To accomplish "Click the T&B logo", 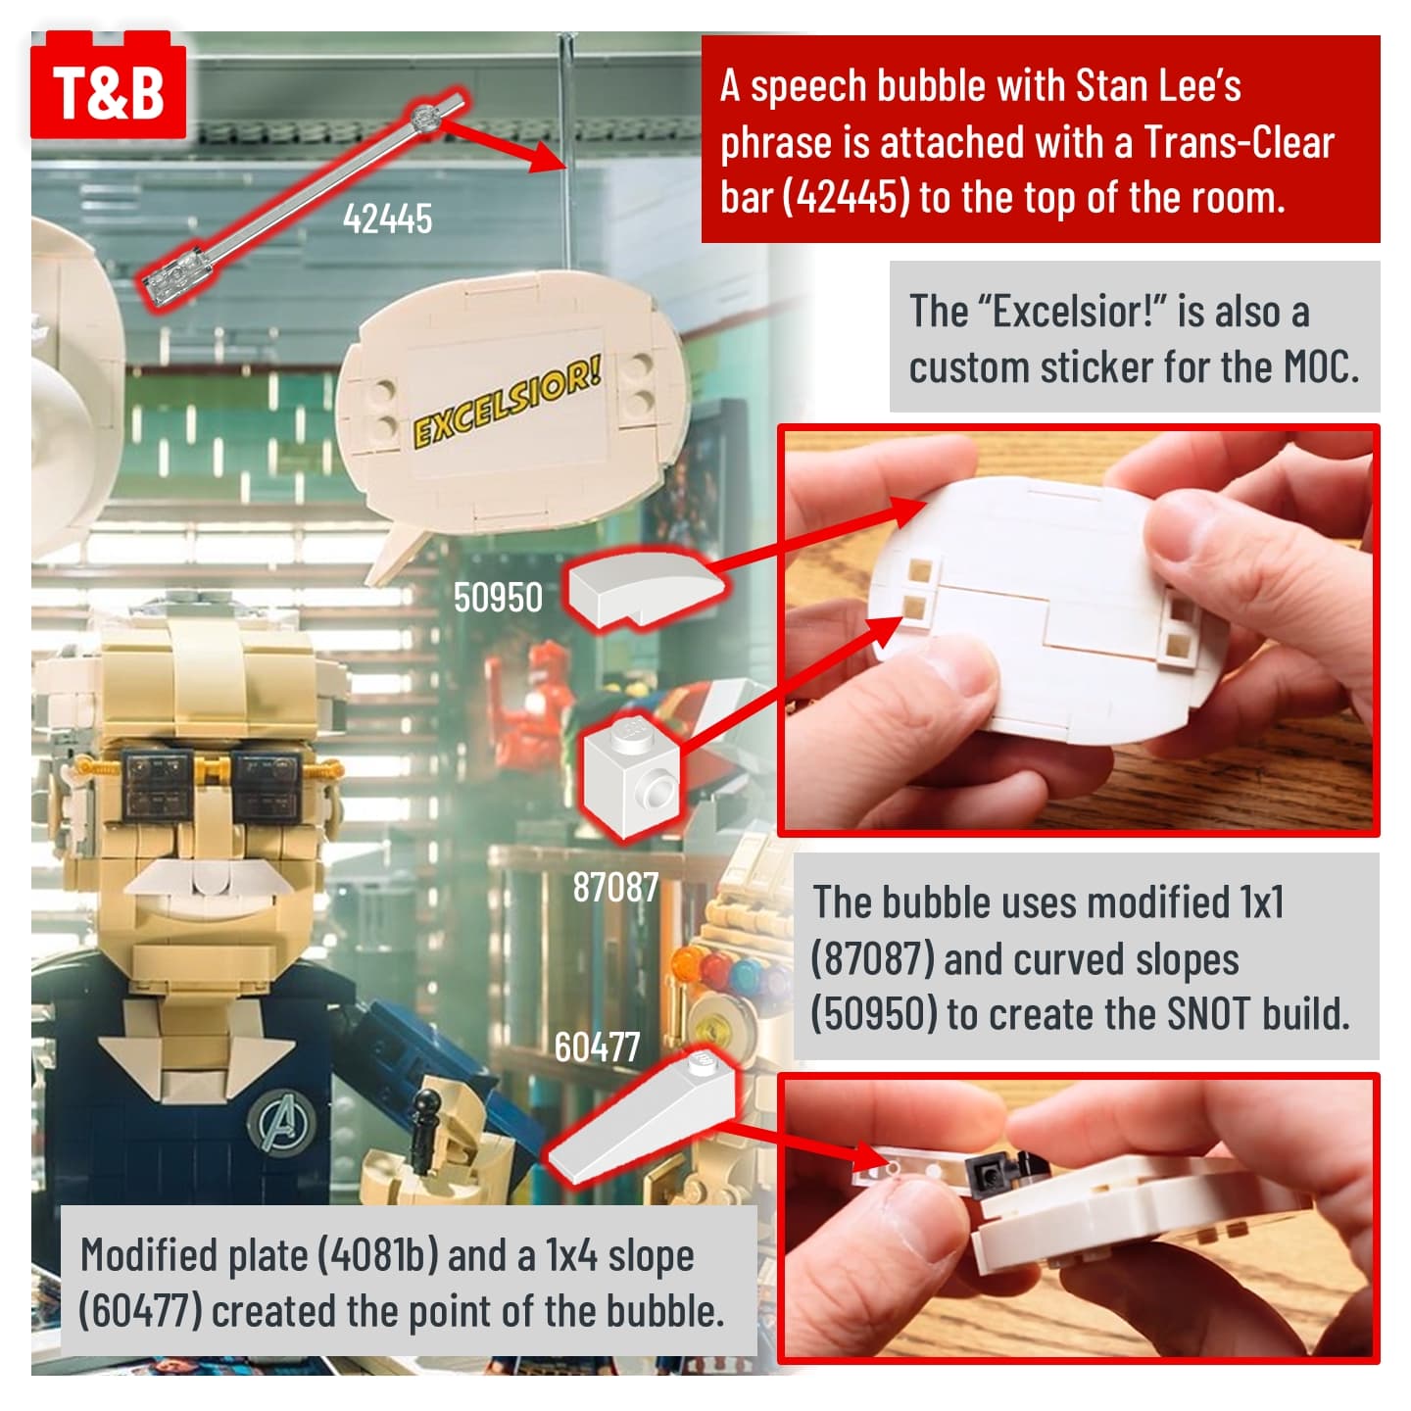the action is (108, 85).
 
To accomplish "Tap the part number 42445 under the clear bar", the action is (387, 219).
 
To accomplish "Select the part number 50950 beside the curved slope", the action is (498, 598).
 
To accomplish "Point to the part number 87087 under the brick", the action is (615, 887).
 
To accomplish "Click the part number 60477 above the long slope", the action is (597, 1046).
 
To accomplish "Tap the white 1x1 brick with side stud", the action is (631, 777).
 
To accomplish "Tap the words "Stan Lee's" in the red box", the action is (1158, 86).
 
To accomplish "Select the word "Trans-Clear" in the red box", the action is (1239, 142).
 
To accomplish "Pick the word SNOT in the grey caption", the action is (1208, 1013).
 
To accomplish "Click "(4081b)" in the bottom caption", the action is (377, 1256).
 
